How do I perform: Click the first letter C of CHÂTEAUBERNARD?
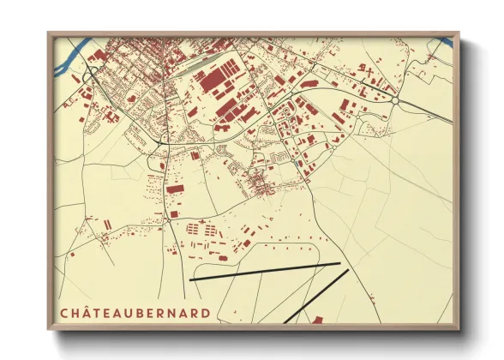(65, 310)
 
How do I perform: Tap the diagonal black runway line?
(317, 296)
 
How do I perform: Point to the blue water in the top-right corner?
(444, 39)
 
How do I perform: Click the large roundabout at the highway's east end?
(397, 100)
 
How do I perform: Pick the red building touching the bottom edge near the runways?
(318, 320)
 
